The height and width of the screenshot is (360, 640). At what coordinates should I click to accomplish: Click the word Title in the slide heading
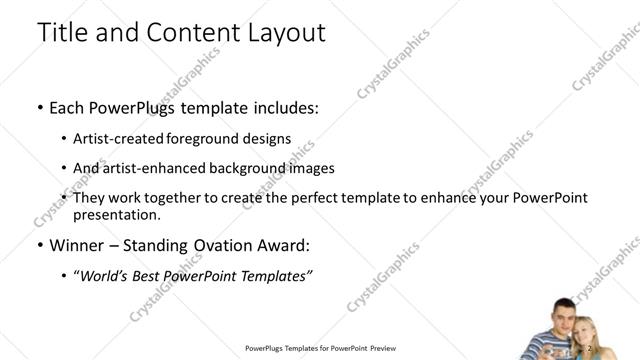[59, 32]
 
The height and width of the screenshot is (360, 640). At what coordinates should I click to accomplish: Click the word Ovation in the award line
[233, 246]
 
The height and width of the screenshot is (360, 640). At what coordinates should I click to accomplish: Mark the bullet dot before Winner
[39, 246]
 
